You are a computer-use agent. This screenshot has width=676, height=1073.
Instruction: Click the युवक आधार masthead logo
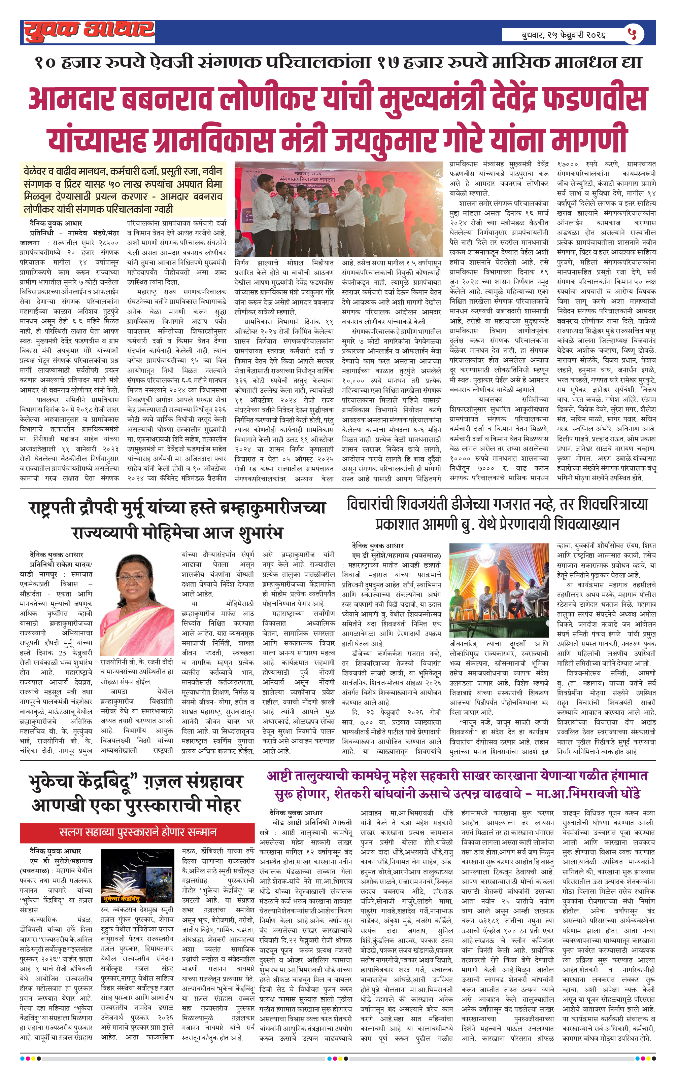pos(89,31)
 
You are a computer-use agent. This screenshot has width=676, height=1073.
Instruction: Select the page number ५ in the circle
pos(632,33)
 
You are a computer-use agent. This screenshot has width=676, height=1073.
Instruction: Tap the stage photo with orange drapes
pos(499,589)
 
